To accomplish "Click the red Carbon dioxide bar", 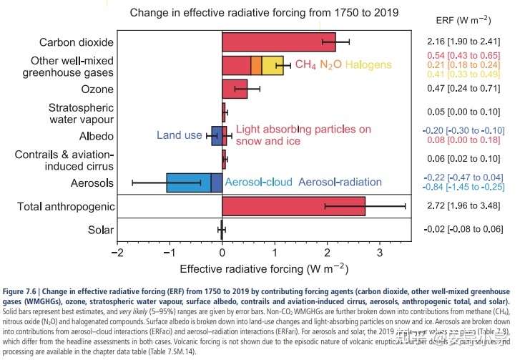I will tap(278, 42).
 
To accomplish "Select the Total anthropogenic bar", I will tap(293, 206).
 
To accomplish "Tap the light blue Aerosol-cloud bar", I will tap(188, 183).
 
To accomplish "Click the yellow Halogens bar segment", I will tap(273, 65).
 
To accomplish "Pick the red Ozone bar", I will tap(235, 89).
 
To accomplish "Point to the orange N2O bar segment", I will tap(256, 65).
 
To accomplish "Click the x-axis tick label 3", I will tap(380, 253).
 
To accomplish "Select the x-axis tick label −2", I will tap(116, 253).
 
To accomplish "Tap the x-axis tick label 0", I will tap(222, 253).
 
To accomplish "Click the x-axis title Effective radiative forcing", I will tap(263, 269).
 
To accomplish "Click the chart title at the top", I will tap(263, 13).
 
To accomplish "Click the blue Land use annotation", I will tap(180, 135).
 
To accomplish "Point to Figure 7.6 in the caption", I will tap(21, 292).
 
